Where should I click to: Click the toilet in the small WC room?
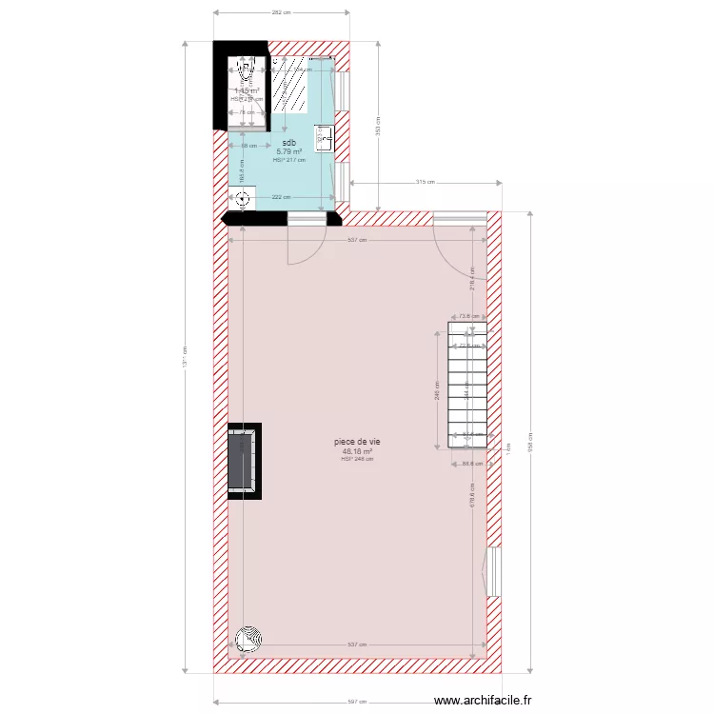[245, 70]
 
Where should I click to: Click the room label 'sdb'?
[288, 143]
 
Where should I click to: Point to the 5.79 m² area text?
[288, 151]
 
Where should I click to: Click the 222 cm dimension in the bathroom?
[282, 197]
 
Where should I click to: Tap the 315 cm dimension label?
[426, 182]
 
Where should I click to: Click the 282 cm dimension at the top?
[281, 12]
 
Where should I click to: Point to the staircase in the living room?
[466, 384]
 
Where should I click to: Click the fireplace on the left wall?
[244, 460]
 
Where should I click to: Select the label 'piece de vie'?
[357, 442]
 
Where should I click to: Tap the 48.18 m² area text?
[357, 451]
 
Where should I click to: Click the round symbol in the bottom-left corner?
[249, 639]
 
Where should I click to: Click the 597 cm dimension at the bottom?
[357, 702]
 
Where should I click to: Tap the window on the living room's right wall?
[492, 572]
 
